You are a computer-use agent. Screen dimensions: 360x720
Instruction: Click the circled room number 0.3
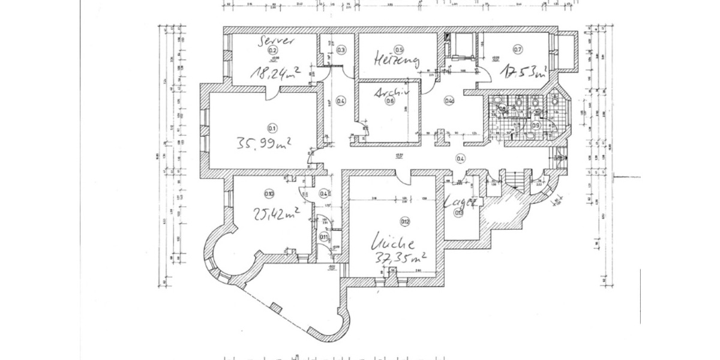click(341, 50)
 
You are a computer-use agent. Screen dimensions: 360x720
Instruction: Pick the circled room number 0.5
click(398, 49)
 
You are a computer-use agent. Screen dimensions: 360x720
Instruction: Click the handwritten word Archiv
click(391, 93)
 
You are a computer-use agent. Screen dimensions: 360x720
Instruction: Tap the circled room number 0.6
click(390, 101)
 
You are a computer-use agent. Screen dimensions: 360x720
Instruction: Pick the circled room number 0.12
click(405, 222)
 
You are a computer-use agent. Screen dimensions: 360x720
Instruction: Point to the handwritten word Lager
click(460, 202)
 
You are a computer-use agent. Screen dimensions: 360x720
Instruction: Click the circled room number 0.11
click(324, 236)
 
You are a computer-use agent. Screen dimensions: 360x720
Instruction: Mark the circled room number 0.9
click(536, 125)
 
